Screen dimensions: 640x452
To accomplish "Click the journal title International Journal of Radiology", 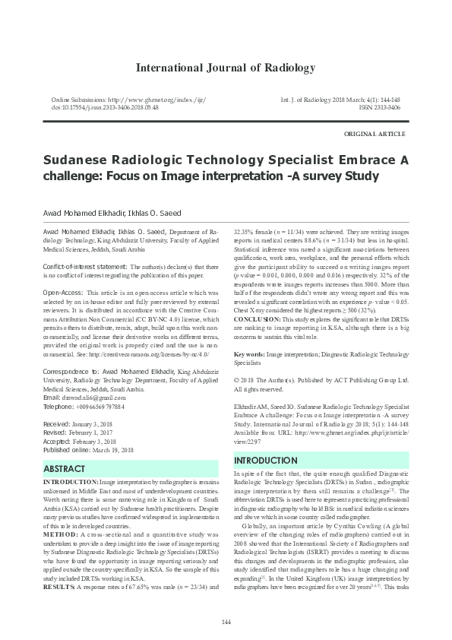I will tap(225, 68).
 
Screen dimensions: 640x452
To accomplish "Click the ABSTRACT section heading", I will tap(64, 469).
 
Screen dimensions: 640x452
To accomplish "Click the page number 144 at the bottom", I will tap(226, 623).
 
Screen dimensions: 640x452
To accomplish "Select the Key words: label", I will tap(248, 354).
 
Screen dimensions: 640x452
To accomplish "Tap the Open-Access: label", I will tap(63, 292).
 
